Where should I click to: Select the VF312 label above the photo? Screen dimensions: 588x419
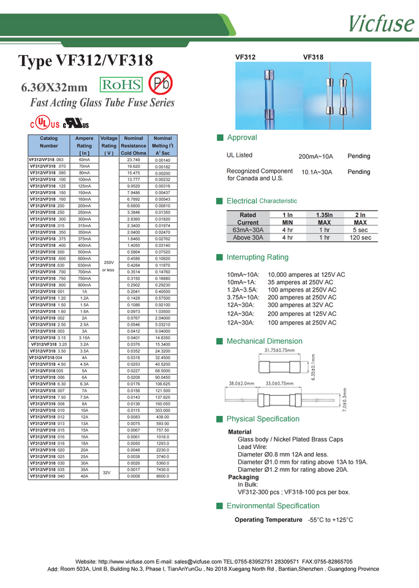(x=246, y=57)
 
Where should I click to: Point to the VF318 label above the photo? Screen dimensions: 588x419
(x=313, y=57)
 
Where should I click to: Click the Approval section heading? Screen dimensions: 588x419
(x=241, y=137)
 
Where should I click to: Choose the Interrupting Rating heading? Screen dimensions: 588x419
(x=257, y=257)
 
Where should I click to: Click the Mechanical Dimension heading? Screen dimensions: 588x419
(x=264, y=341)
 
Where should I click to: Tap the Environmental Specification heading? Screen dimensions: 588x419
(x=273, y=506)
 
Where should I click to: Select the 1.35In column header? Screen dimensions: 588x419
(x=324, y=215)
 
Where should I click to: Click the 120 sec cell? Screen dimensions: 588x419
(x=360, y=237)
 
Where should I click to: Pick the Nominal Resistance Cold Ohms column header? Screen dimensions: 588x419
(x=134, y=146)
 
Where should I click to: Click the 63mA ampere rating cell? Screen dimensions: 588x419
(x=85, y=160)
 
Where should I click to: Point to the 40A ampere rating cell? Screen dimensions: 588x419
(x=85, y=476)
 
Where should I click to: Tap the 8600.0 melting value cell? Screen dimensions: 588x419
(x=162, y=476)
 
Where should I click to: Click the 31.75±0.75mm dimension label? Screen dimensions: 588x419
(x=279, y=350)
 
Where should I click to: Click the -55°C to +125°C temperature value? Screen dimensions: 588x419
(x=330, y=520)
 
